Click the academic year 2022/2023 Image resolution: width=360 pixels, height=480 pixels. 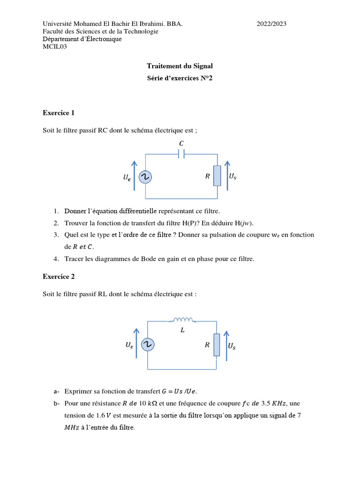point(271,24)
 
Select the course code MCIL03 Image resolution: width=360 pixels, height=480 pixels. point(55,46)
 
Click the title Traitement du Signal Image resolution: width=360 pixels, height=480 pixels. point(180,67)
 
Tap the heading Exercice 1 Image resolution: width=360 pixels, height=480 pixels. point(59,113)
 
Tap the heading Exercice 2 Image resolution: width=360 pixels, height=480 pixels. point(59,277)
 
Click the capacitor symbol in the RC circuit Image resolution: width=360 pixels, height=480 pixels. point(181,154)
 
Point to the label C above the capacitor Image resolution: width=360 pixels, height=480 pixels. point(182,142)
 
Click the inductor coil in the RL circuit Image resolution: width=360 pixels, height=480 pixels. point(183,320)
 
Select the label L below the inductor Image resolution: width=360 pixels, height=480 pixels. point(183,330)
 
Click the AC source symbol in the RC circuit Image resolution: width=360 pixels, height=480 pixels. point(146,177)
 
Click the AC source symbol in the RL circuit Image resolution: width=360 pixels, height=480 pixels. point(148,345)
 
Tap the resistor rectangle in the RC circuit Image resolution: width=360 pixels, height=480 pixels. point(217,176)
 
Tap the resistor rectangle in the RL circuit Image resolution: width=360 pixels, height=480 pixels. point(217,345)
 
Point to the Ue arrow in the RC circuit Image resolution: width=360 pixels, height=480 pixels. point(135,175)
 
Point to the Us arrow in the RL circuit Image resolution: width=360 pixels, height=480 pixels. point(226,345)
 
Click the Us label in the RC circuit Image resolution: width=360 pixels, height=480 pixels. point(232,177)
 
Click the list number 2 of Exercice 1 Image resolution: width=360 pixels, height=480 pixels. point(56,223)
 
